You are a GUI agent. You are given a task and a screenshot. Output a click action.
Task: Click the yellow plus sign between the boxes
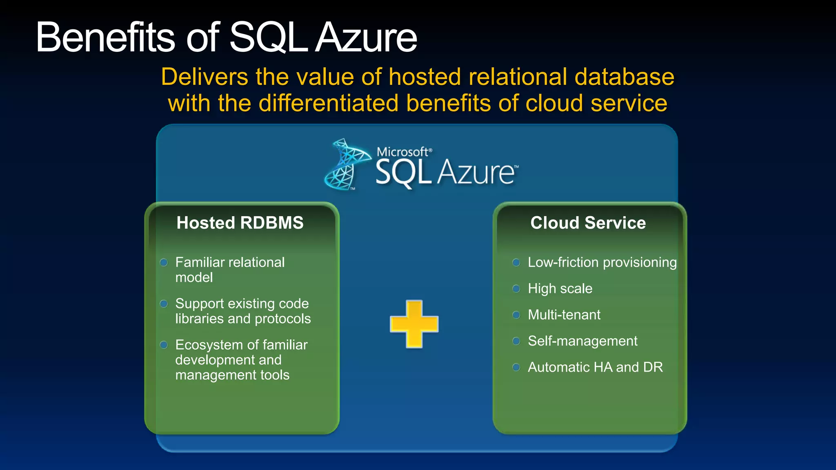pyautogui.click(x=414, y=324)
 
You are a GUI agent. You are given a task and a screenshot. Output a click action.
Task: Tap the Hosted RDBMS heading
pyautogui.click(x=240, y=223)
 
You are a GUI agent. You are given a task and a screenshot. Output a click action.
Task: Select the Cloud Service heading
pyautogui.click(x=588, y=223)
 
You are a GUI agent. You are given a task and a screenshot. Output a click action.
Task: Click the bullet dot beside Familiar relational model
pyautogui.click(x=164, y=262)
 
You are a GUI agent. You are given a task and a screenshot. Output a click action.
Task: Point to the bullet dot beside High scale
pyautogui.click(x=516, y=289)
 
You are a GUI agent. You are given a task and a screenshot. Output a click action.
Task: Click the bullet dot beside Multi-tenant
pyautogui.click(x=516, y=315)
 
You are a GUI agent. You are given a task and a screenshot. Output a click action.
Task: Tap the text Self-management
pyautogui.click(x=583, y=341)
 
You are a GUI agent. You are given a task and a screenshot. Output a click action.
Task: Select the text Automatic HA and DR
pyautogui.click(x=595, y=367)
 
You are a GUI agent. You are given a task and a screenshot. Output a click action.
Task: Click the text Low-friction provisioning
pyautogui.click(x=602, y=262)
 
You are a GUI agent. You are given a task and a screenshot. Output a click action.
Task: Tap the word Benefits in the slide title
pyautogui.click(x=105, y=38)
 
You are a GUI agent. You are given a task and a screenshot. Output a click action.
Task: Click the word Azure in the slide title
pyautogui.click(x=366, y=38)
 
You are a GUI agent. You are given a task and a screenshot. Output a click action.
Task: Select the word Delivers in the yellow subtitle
pyautogui.click(x=205, y=77)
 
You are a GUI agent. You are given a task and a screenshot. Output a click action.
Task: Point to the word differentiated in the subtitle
pyautogui.click(x=329, y=103)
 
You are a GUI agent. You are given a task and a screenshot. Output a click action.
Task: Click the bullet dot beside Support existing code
pyautogui.click(x=164, y=304)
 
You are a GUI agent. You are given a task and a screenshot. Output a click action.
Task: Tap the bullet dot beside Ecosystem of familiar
pyautogui.click(x=164, y=345)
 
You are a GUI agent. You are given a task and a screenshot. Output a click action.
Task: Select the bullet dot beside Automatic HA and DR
pyautogui.click(x=516, y=367)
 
